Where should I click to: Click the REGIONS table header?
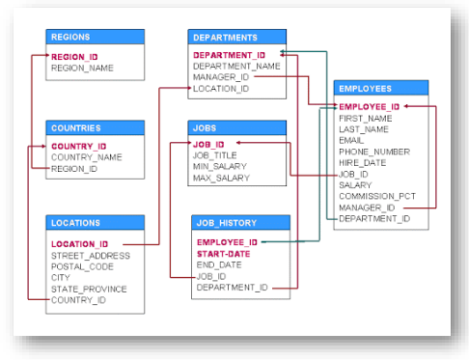point(95,37)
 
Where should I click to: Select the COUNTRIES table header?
point(95,127)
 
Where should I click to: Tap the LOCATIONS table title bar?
point(95,223)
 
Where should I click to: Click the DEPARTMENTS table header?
point(236,37)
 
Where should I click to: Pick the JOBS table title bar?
point(236,127)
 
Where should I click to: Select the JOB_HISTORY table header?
point(236,223)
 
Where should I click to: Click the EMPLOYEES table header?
point(380,88)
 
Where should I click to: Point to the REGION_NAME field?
point(82,69)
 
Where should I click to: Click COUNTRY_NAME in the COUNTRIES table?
point(86,158)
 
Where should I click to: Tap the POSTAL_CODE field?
point(82,266)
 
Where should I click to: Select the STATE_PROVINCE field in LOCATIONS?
point(88,289)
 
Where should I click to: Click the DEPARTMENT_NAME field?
point(235,67)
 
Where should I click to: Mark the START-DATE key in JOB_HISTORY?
point(225,253)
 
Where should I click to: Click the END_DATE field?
point(219,264)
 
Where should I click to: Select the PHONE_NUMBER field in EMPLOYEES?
point(374,152)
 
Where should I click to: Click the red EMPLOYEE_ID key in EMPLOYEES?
point(369,105)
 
